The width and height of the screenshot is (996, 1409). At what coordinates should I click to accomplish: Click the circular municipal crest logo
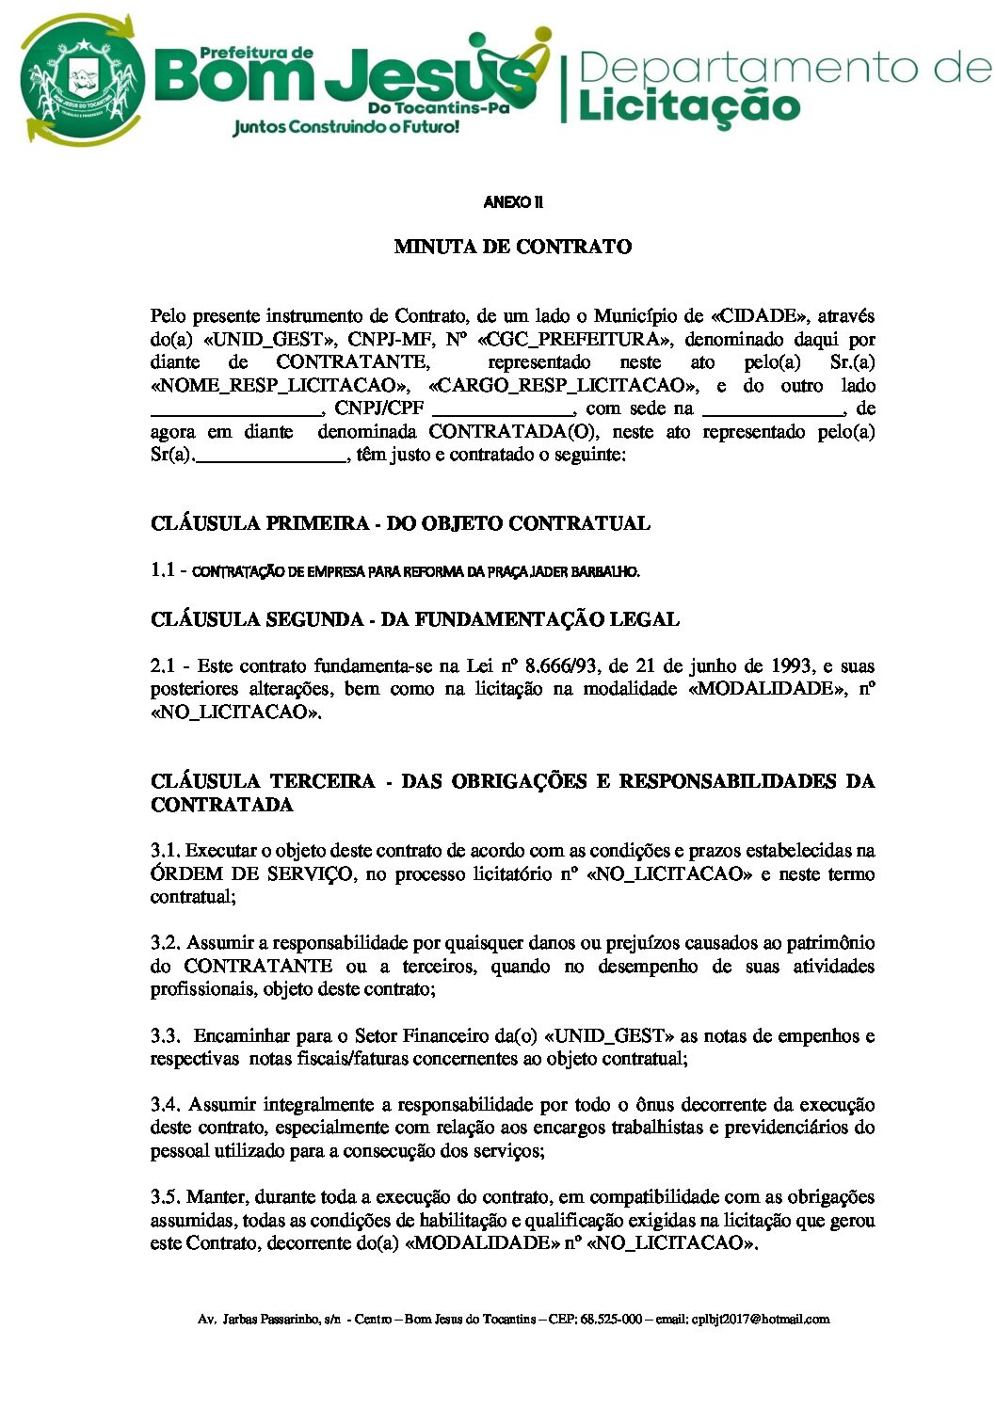(82, 80)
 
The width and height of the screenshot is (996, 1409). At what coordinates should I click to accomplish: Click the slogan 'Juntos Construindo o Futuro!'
(345, 126)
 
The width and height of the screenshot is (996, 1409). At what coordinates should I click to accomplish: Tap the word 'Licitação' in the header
(688, 104)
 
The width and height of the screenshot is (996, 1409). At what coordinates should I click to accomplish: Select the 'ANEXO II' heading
(513, 202)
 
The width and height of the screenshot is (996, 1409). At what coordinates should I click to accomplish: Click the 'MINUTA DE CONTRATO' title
(513, 248)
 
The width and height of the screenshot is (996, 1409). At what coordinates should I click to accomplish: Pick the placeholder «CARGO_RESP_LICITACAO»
(564, 386)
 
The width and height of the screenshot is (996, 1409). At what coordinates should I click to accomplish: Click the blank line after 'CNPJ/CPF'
(503, 409)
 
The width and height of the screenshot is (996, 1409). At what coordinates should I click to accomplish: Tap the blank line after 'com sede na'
(773, 409)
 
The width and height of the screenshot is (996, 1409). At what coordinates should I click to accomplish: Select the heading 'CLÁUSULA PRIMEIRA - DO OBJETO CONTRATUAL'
(400, 524)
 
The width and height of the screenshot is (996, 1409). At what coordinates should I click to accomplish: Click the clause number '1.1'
(163, 570)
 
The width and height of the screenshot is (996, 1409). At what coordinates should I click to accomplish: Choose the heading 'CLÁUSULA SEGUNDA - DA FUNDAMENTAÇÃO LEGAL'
(414, 620)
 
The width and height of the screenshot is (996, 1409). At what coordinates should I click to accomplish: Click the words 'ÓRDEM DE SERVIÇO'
(251, 874)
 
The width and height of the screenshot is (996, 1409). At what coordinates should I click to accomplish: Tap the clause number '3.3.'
(165, 1036)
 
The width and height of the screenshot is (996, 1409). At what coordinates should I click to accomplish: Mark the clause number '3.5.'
(165, 1197)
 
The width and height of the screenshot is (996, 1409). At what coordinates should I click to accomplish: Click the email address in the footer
(761, 1320)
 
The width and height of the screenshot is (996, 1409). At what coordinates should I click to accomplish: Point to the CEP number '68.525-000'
(611, 1320)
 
